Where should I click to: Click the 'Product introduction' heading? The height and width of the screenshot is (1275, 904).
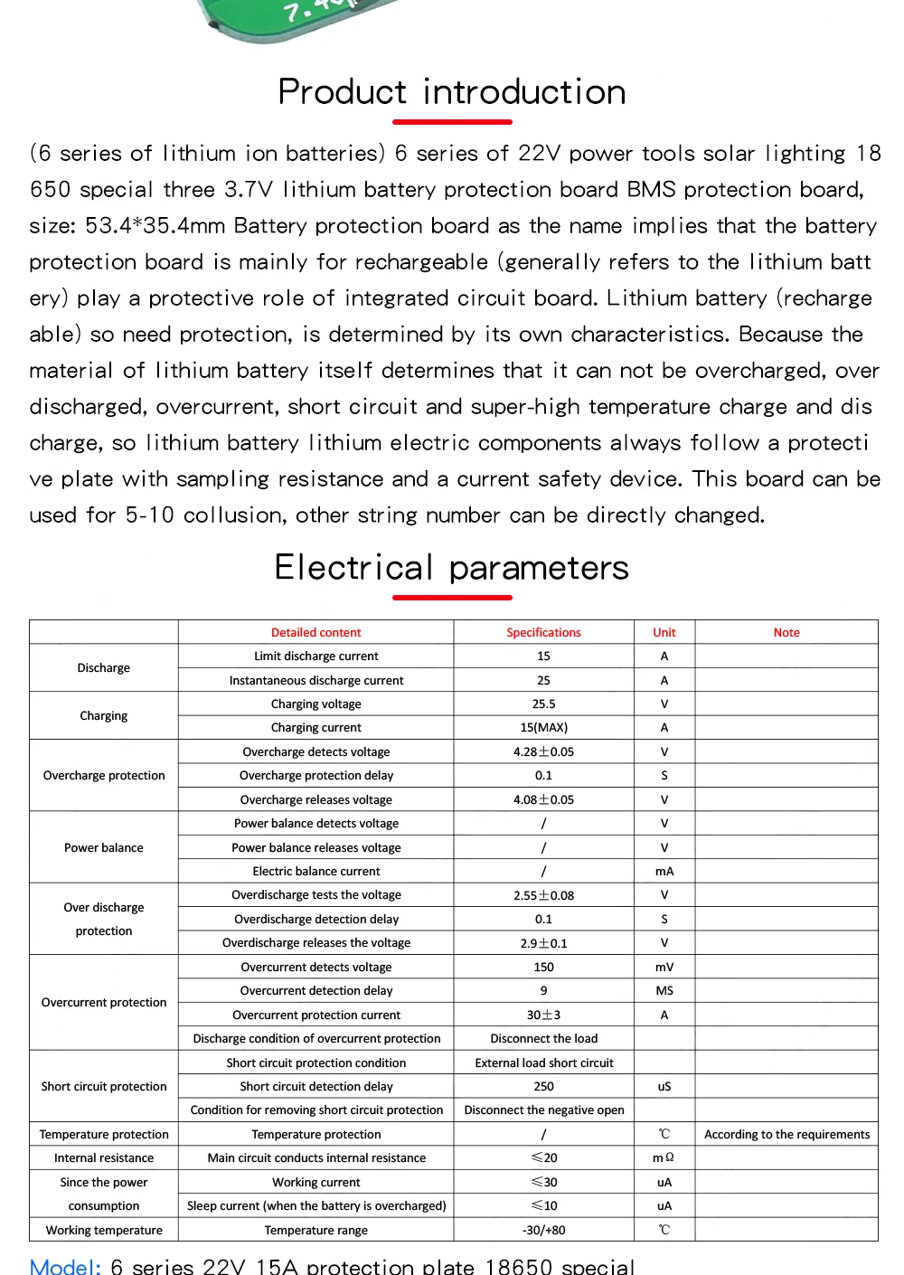coord(452,92)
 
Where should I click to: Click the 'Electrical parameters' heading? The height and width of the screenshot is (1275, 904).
coord(452,568)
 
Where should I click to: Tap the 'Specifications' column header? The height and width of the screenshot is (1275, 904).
coord(543,633)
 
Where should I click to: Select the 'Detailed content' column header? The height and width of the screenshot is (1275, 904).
coord(315,633)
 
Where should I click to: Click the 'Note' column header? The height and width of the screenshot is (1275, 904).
coord(786,633)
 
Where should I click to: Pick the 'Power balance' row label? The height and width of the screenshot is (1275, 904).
coord(104,848)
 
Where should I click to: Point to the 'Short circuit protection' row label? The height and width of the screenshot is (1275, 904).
coord(104,1087)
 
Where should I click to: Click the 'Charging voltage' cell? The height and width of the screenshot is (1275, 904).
coord(315,704)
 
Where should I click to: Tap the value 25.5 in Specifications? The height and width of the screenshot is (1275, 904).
coord(543,704)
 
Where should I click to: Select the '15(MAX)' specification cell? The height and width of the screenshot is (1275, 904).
coord(543,728)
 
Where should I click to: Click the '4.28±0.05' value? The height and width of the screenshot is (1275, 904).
coord(543,752)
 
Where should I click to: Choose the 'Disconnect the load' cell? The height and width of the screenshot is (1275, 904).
coord(543,1039)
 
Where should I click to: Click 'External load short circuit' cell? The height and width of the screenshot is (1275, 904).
coord(543,1063)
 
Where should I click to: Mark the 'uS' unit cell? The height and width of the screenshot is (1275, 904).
coord(664,1087)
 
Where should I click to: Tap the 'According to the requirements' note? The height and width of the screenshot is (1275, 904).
coord(786,1135)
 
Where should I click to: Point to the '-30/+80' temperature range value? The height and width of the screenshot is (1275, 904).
coord(543,1231)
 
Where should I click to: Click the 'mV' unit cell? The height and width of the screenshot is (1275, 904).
coord(664,968)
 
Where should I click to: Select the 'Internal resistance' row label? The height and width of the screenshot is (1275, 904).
coord(104,1158)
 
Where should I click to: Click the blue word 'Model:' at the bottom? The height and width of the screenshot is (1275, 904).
coord(65,1266)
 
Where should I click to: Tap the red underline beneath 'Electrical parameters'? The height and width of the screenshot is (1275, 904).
coord(452,598)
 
